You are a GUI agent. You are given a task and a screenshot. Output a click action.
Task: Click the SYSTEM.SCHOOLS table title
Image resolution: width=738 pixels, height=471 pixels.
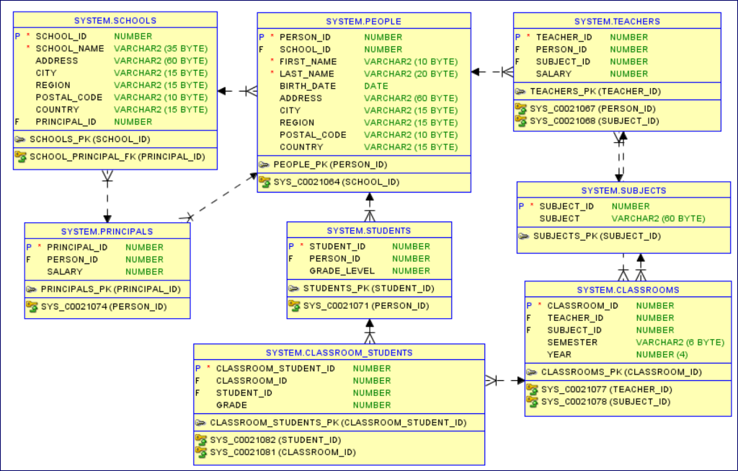click(x=115, y=20)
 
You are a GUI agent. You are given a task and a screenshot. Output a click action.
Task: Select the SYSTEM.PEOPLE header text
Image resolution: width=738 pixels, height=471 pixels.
click(x=363, y=22)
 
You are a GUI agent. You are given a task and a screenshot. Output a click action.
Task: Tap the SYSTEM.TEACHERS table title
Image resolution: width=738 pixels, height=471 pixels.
click(x=617, y=22)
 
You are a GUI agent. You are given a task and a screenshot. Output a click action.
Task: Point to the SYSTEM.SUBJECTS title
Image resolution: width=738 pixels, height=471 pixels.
click(x=623, y=190)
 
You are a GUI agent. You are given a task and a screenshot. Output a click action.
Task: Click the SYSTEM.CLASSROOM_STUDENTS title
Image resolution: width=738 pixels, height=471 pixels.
click(x=339, y=353)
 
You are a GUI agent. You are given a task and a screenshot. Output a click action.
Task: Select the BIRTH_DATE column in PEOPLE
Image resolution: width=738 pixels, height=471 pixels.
click(x=308, y=86)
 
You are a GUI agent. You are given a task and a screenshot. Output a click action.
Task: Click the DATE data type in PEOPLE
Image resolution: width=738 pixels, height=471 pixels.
click(x=376, y=86)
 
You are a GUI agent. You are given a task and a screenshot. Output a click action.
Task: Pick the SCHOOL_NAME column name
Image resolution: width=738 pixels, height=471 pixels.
click(x=70, y=48)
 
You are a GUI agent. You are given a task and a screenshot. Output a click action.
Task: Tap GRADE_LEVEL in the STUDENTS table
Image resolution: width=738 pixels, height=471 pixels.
click(x=342, y=271)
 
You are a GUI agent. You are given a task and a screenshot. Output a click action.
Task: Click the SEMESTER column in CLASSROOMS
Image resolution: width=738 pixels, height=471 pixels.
click(x=572, y=342)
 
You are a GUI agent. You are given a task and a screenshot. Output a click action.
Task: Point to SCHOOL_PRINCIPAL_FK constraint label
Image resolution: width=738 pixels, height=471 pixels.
click(x=117, y=157)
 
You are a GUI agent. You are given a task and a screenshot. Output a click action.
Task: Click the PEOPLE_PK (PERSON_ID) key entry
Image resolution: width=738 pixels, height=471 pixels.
click(x=330, y=164)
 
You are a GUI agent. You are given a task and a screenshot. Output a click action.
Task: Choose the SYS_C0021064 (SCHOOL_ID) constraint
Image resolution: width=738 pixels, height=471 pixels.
click(x=336, y=182)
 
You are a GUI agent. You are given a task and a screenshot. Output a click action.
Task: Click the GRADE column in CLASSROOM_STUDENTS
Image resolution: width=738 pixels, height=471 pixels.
click(x=231, y=405)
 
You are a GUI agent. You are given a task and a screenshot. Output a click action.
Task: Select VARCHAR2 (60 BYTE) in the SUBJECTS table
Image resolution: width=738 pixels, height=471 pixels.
click(x=658, y=218)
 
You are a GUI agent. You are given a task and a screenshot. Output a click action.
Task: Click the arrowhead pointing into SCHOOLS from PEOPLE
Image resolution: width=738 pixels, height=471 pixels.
click(x=223, y=91)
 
